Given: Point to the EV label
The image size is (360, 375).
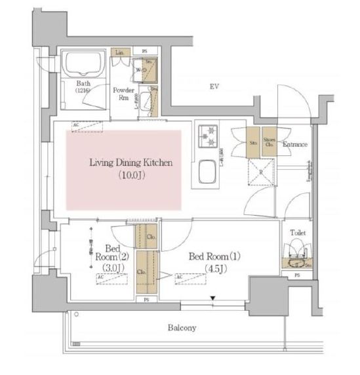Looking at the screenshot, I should click(214, 86).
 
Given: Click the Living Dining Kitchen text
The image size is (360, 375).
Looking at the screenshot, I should click(122, 163).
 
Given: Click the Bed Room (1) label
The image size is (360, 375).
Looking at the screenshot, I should click(214, 256).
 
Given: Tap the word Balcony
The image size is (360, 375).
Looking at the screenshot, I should click(182, 327).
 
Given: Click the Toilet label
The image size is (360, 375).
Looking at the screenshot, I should click(297, 232).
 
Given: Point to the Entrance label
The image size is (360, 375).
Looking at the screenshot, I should click(295, 144).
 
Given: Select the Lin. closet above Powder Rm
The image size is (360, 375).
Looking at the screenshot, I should click(120, 52).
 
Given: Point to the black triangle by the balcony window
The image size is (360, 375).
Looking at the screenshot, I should click(212, 300).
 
